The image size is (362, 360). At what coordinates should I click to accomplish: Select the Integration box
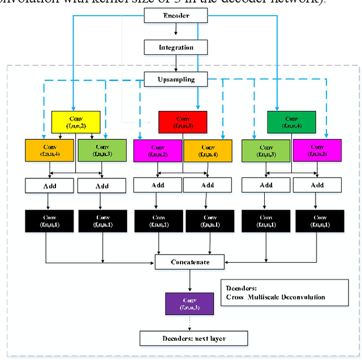[176, 48]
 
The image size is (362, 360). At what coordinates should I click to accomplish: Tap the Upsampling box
[176, 80]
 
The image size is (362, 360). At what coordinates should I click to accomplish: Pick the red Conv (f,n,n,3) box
[182, 122]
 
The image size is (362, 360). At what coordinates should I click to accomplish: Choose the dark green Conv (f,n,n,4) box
[291, 122]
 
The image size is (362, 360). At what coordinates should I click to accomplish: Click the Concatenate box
[190, 262]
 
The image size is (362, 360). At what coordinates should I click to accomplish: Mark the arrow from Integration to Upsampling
[176, 64]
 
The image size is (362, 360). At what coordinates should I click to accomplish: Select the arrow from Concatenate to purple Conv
[190, 280]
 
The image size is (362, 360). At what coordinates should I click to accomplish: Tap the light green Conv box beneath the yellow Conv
[102, 149]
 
